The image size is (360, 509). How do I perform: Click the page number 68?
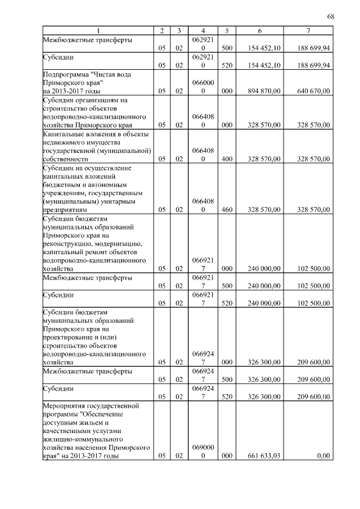click(x=331, y=16)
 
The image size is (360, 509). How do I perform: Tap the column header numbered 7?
click(x=308, y=30)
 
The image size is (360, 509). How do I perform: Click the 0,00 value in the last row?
click(x=323, y=456)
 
